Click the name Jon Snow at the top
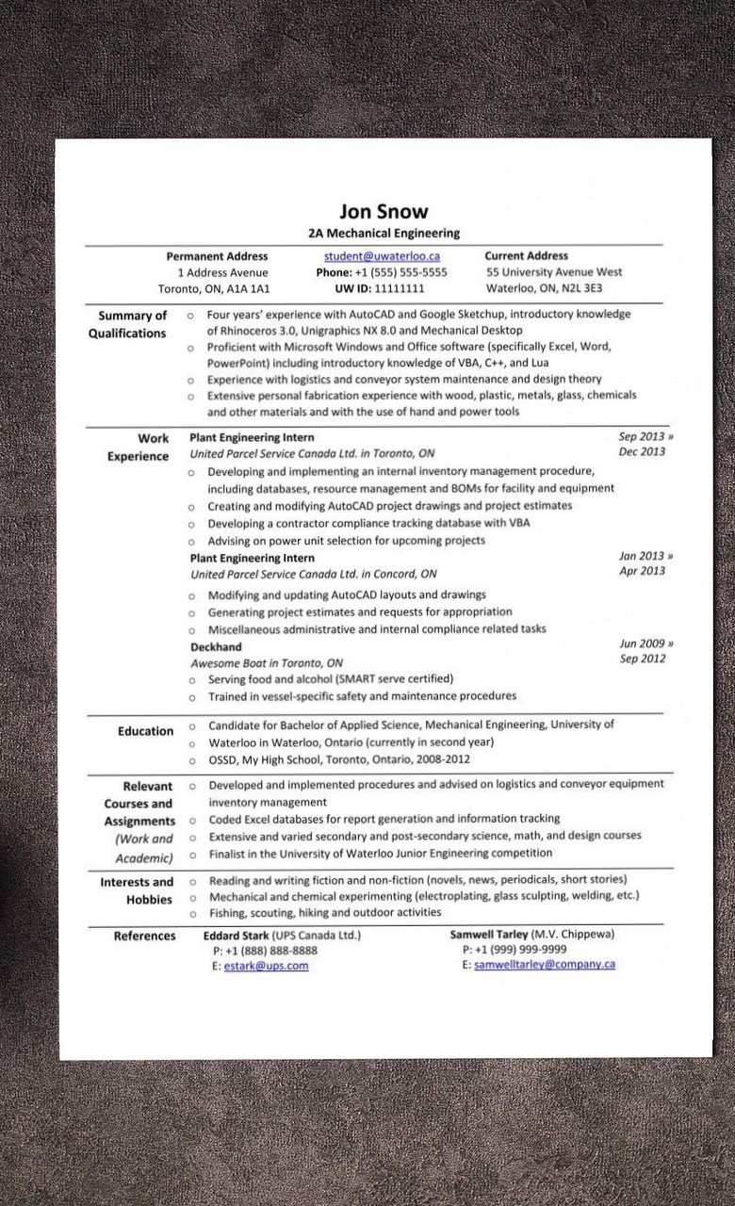pyautogui.click(x=384, y=211)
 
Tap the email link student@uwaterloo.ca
pyautogui.click(x=382, y=255)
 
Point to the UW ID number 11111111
pyautogui.click(x=399, y=288)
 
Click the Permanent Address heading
pyautogui.click(x=217, y=255)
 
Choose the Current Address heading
pyautogui.click(x=526, y=255)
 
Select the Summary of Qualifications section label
pyautogui.click(x=129, y=324)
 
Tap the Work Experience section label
pyautogui.click(x=139, y=447)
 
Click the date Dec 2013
pyautogui.click(x=642, y=451)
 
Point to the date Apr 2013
pyautogui.click(x=642, y=571)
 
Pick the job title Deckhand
pyautogui.click(x=216, y=646)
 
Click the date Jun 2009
pyautogui.click(x=642, y=644)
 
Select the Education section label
pyautogui.click(x=145, y=730)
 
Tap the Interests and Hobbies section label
pyautogui.click(x=138, y=890)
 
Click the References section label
pyautogui.click(x=144, y=936)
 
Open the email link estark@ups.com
pyautogui.click(x=266, y=966)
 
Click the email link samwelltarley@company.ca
pyautogui.click(x=544, y=965)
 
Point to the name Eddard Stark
pyautogui.click(x=236, y=936)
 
